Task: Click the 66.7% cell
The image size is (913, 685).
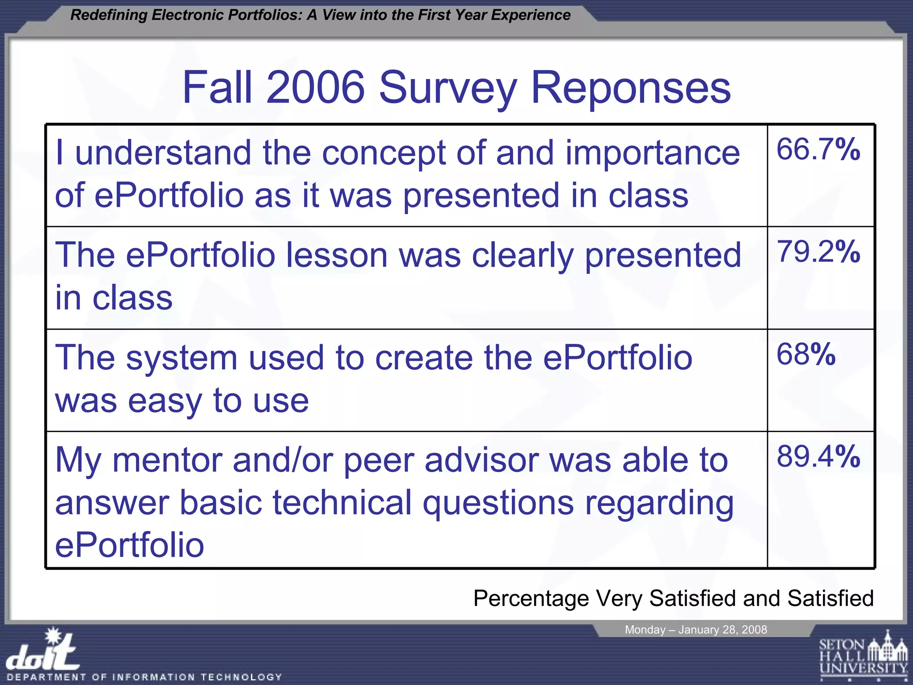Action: pos(818,149)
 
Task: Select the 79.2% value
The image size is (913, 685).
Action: pos(818,252)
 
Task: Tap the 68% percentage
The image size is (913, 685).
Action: pos(806,355)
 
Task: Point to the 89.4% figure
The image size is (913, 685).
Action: pos(818,457)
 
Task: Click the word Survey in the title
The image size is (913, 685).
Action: pos(448,88)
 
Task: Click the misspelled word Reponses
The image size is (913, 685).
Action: pos(631,88)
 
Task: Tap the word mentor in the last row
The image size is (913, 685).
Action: pos(167,460)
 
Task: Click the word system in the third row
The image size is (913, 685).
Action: pos(181,359)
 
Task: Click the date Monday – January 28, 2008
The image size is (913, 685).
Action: pos(695,630)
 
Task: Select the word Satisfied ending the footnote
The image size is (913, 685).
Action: pos(830,598)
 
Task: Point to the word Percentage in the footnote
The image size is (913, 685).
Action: pos(531,599)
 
